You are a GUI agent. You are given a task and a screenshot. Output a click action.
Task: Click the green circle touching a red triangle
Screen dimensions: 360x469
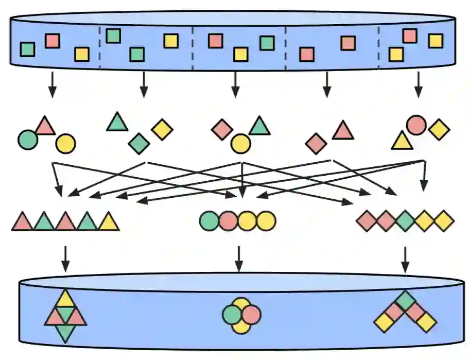tap(27, 139)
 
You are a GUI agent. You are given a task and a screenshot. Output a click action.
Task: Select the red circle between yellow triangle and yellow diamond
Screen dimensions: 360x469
tap(416, 125)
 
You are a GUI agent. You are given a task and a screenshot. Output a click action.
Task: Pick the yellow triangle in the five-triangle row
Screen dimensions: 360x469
tap(109, 222)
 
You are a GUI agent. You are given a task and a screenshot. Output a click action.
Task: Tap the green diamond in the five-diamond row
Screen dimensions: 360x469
tap(405, 221)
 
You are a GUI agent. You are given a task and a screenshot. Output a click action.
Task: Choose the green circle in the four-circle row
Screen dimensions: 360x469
tap(209, 221)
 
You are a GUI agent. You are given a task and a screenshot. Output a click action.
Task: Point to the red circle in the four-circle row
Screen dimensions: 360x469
tap(228, 221)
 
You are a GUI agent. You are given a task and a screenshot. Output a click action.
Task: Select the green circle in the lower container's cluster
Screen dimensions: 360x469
tap(232, 315)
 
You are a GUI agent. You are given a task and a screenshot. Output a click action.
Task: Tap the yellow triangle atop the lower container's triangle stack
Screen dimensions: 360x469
tap(65, 298)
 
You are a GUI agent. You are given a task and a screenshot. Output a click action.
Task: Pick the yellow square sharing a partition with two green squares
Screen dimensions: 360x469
tap(171, 41)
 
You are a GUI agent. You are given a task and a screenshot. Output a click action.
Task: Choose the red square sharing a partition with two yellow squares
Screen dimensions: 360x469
tap(410, 36)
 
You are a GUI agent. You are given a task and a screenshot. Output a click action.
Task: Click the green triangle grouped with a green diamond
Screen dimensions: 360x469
tap(117, 122)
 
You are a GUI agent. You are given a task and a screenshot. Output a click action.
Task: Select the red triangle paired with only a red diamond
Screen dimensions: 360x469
tap(343, 131)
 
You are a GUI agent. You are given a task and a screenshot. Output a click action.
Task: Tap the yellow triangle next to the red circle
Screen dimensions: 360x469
tap(402, 141)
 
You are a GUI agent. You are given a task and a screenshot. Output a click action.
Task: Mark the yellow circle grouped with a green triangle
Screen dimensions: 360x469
tap(240, 144)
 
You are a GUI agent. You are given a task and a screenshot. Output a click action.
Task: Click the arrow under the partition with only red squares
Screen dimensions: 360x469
tap(326, 84)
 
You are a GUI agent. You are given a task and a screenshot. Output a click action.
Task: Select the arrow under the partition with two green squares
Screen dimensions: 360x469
tap(144, 84)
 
